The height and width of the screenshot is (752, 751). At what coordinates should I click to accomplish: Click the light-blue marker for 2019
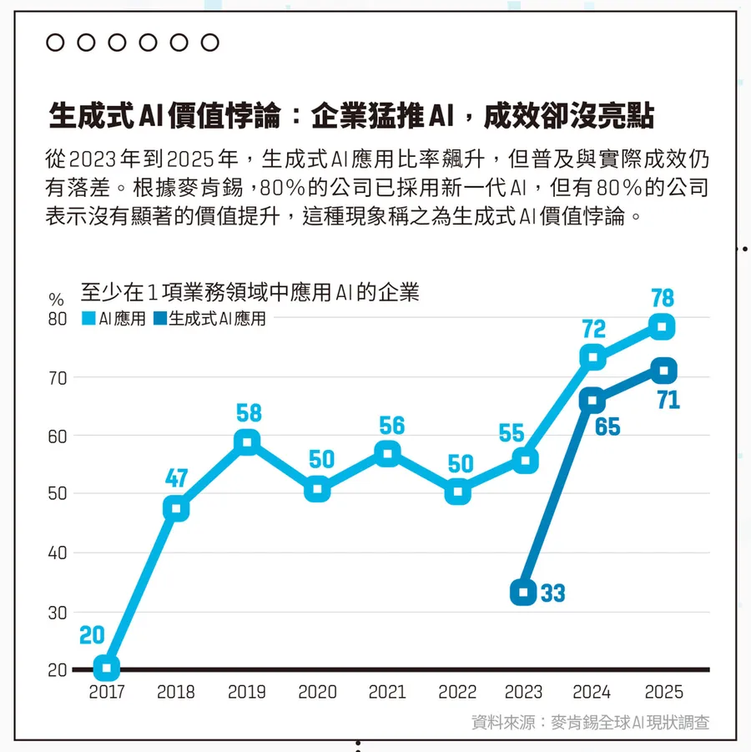coord(246,442)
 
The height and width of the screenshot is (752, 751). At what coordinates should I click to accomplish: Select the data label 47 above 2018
coord(176,479)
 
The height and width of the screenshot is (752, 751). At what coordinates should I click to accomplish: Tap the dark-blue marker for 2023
coord(523,593)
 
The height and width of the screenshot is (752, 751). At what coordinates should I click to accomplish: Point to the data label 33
coord(552,594)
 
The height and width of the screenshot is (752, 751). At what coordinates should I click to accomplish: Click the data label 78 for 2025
coord(662,298)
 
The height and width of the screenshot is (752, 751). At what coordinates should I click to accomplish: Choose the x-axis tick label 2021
coord(388,693)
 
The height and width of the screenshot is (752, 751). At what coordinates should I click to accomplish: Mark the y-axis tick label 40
coord(57,553)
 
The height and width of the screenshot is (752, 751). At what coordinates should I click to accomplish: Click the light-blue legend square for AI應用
coord(88,318)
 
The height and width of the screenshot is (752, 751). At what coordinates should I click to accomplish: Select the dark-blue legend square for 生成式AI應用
coord(159,318)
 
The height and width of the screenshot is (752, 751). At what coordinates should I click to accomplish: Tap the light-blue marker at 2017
coord(106,667)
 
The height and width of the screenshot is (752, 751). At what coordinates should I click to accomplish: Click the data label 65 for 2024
coord(607,427)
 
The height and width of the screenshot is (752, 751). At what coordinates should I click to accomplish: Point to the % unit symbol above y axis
coord(56,299)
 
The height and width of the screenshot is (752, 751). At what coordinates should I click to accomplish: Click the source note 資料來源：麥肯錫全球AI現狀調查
coord(591,722)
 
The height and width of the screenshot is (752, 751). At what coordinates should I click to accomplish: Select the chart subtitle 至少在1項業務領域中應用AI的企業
coord(249,292)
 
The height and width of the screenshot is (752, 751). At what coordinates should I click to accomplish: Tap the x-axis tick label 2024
coord(592,693)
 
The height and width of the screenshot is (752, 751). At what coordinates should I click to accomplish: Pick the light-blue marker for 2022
coord(458,492)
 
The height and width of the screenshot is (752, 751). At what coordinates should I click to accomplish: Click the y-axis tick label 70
coord(57,377)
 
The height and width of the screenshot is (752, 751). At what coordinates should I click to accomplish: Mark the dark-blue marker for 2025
coord(663,370)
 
